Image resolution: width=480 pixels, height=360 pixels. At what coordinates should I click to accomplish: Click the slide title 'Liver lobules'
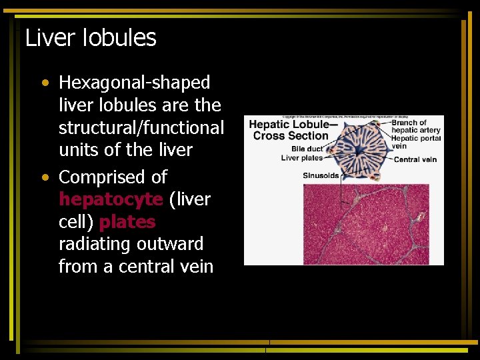(x=91, y=38)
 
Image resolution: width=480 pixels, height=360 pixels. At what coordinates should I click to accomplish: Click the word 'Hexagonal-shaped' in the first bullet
(x=134, y=83)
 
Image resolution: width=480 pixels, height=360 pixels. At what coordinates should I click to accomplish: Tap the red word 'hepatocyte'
(x=111, y=199)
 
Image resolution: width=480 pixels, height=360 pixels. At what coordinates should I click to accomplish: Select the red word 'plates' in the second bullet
(x=127, y=222)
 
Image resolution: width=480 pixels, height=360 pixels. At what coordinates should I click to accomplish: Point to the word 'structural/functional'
(x=141, y=127)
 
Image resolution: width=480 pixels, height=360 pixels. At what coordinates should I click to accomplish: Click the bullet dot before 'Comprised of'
(x=44, y=178)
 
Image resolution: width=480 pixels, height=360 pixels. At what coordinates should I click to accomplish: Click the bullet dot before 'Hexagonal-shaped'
(x=44, y=84)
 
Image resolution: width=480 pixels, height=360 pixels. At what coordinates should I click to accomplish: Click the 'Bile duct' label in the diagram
(x=306, y=149)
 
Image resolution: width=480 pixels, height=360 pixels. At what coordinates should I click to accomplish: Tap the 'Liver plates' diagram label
(x=301, y=158)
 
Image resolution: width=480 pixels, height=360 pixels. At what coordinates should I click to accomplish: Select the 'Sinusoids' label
(x=321, y=176)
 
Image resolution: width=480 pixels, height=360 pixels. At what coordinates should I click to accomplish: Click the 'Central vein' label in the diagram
(x=415, y=159)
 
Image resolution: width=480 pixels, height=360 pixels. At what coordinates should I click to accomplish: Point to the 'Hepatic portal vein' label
(x=415, y=142)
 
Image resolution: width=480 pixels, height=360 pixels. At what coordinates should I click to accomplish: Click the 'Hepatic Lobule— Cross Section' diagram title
(x=291, y=130)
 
